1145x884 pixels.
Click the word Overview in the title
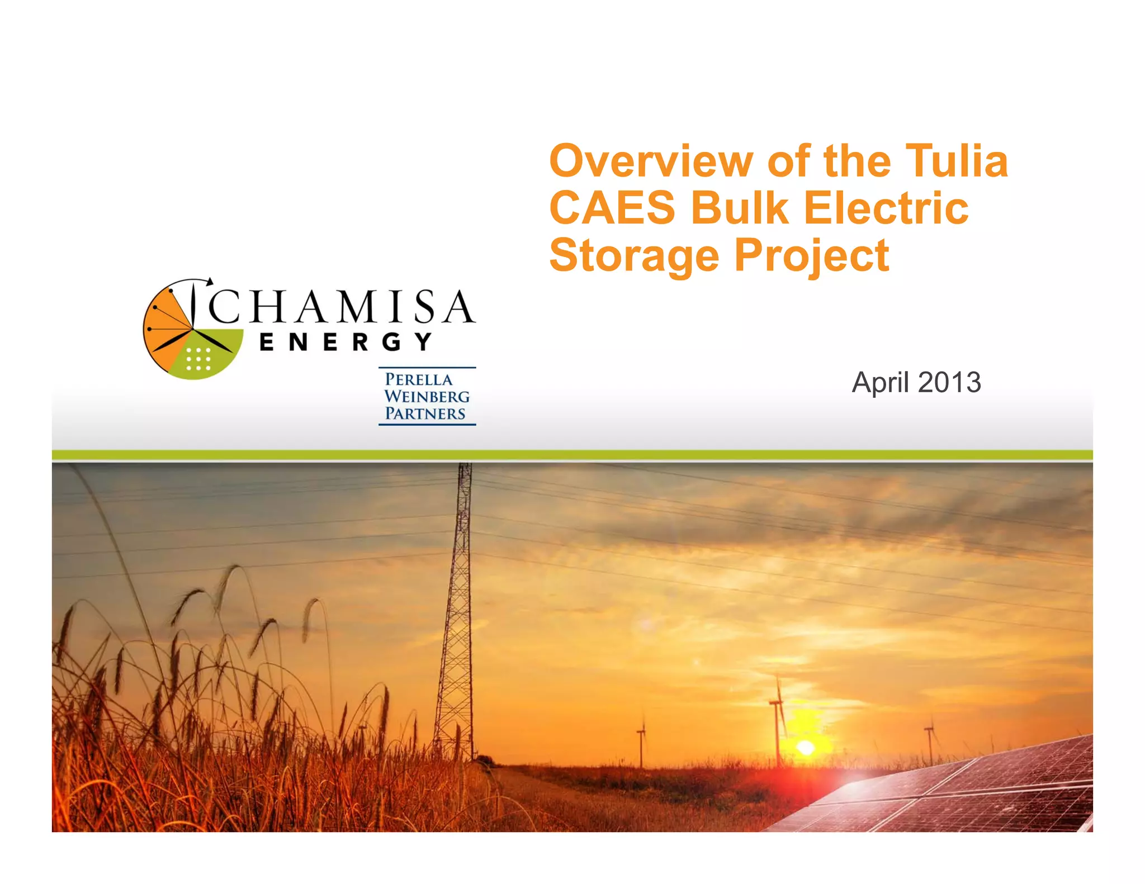click(651, 161)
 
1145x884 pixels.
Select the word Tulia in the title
click(957, 161)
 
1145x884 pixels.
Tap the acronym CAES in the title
click(612, 208)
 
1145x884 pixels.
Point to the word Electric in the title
click(886, 208)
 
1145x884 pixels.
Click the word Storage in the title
click(634, 255)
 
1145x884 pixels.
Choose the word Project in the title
click(811, 255)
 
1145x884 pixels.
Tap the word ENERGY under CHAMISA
click(346, 342)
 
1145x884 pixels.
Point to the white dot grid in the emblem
click(198, 359)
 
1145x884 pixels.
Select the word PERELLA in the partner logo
click(419, 379)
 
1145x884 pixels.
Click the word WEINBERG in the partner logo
click(427, 397)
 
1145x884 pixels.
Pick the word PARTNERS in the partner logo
click(425, 414)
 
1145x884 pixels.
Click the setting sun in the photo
click(805, 748)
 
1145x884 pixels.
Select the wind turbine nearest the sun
click(777, 721)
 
